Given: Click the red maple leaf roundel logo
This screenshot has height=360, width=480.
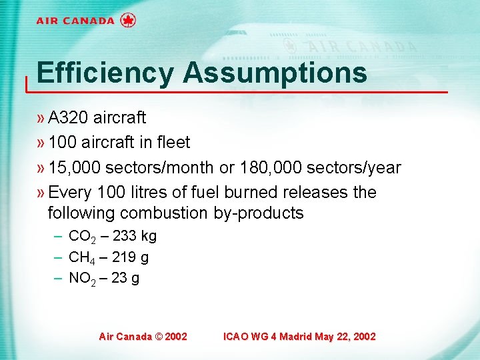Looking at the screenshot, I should [x=128, y=20].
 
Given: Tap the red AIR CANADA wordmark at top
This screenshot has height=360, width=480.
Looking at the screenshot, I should [x=75, y=21].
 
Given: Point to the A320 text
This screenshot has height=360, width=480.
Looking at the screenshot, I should [x=69, y=118].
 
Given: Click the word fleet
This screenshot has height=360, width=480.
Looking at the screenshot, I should [x=173, y=143].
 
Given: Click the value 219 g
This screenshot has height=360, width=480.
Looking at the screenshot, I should [x=132, y=257].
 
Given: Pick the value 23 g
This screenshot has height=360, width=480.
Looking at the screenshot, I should [x=125, y=277].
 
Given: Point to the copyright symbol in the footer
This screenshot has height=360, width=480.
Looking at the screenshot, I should [x=158, y=337].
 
